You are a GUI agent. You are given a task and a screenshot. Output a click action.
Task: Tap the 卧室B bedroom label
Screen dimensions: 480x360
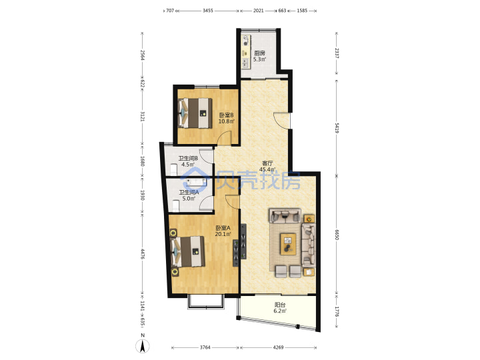[x=226, y=115]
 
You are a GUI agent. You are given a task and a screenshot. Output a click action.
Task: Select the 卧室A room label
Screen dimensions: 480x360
[x=223, y=228]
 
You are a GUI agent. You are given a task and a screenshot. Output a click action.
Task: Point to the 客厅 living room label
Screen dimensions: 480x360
[x=267, y=163]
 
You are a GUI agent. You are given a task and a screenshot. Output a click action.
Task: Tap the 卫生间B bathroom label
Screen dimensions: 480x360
[x=188, y=159]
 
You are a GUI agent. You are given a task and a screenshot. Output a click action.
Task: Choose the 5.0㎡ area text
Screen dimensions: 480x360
[x=189, y=199]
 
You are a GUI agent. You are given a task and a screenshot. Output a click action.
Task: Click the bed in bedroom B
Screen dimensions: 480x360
[x=195, y=113]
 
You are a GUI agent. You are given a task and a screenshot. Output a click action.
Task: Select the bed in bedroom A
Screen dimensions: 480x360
[x=187, y=251]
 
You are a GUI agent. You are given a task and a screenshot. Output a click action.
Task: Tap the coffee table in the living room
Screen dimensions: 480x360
[x=289, y=244]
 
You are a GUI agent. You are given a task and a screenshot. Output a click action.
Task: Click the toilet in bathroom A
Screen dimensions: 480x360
[x=175, y=206]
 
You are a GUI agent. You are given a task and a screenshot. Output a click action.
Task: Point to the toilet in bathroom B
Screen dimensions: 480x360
[x=173, y=169]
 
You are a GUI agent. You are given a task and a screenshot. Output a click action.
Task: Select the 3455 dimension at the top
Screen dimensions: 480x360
[x=208, y=11]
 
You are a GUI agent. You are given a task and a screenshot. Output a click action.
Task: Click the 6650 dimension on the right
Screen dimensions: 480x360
[x=337, y=235]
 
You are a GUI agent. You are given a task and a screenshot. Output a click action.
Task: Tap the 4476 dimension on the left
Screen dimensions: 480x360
[x=143, y=254]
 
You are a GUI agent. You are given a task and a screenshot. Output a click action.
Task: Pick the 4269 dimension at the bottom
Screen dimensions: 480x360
[x=278, y=347]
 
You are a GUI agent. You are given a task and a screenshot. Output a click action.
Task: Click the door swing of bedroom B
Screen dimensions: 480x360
[x=225, y=138]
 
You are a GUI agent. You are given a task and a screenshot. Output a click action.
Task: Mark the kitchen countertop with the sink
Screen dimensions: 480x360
[x=246, y=52]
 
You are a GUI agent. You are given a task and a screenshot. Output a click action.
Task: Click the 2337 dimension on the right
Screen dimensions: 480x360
[x=337, y=53]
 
